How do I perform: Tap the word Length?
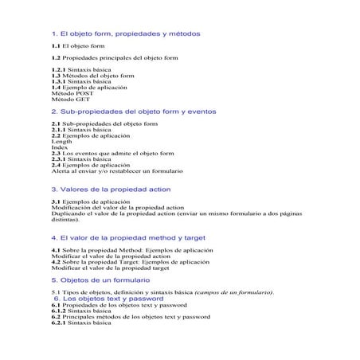click(x=61, y=141)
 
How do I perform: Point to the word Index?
click(x=59, y=147)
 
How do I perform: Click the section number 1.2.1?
click(x=60, y=69)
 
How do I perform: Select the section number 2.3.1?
click(x=60, y=158)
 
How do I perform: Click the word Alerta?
click(x=61, y=171)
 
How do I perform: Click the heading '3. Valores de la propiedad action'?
click(x=111, y=190)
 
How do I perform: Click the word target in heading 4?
click(x=194, y=237)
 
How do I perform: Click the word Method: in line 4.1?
click(x=122, y=250)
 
